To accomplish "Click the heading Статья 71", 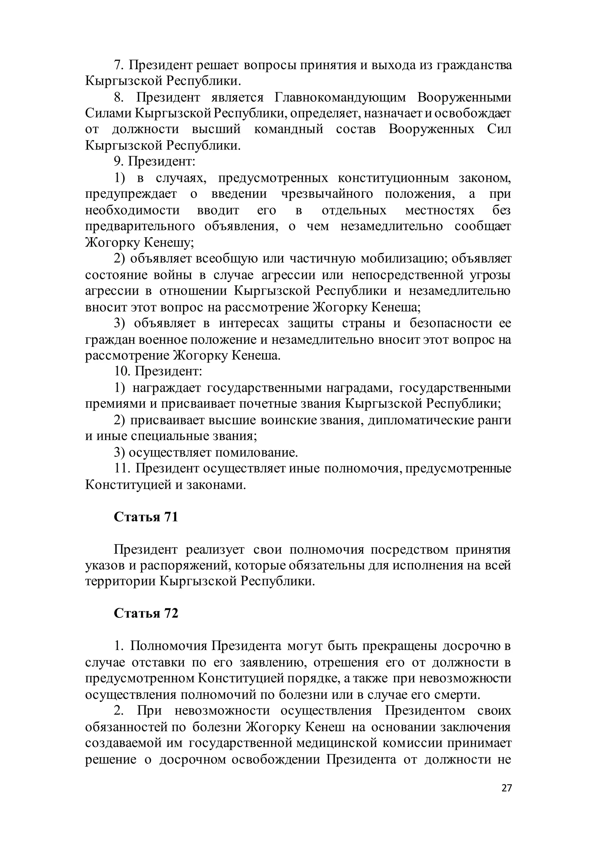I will pyautogui.click(x=146, y=517).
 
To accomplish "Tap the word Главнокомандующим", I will pyautogui.click(x=340, y=97).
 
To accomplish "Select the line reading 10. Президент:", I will pyautogui.click(x=158, y=371).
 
